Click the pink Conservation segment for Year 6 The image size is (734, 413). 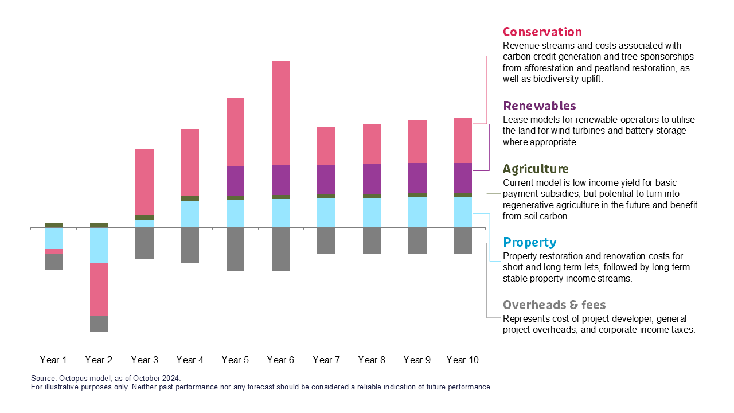point(281,113)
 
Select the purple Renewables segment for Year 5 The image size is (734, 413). point(235,181)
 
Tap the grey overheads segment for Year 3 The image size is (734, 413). point(145,243)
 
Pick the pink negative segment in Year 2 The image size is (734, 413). point(99,289)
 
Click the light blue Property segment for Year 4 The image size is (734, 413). point(190,214)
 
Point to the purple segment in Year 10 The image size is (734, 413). point(463,178)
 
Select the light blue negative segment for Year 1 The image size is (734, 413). point(54,238)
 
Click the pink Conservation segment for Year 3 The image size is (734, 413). point(145,182)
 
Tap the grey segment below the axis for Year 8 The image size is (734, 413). point(372,240)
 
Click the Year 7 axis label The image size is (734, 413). point(326,360)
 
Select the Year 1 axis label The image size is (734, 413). point(53,360)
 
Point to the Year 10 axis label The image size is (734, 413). point(462,360)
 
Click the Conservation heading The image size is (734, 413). point(542,32)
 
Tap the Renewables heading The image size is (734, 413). point(539,106)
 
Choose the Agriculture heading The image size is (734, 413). point(536,169)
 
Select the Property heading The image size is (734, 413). point(529,243)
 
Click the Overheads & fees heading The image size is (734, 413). point(554,305)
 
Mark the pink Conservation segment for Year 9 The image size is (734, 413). point(417,142)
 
